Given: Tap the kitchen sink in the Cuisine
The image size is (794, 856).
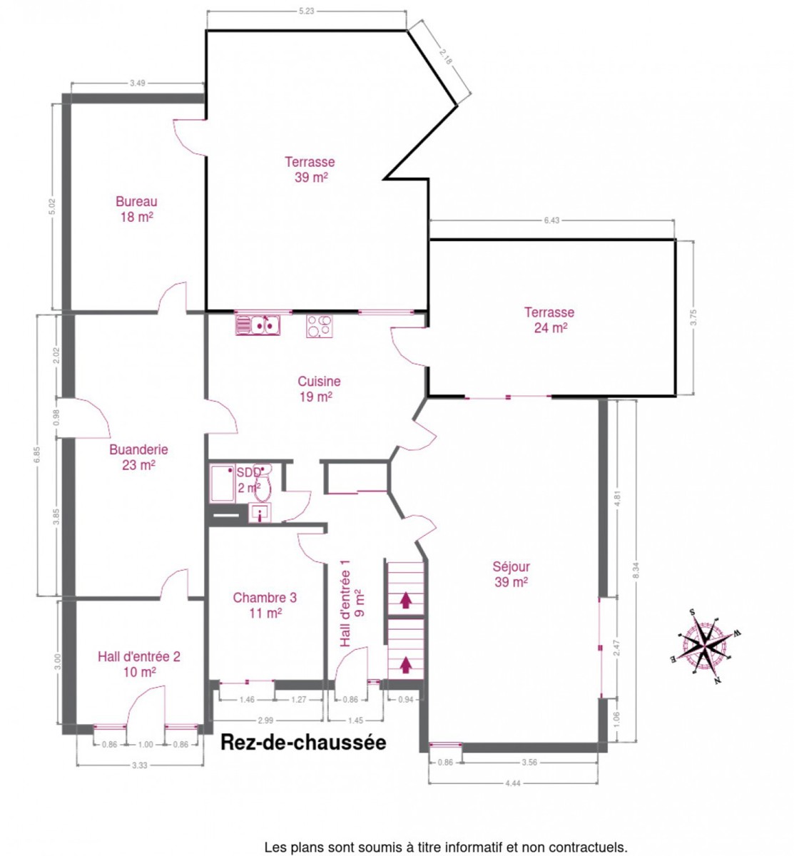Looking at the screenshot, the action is click(257, 324).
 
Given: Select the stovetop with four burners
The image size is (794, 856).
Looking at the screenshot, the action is click(319, 325).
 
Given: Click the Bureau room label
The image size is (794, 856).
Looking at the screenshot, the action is click(136, 209).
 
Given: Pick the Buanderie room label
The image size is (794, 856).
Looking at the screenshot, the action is click(138, 457).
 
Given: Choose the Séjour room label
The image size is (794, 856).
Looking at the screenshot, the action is click(511, 574).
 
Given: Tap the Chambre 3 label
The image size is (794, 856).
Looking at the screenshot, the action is click(265, 605).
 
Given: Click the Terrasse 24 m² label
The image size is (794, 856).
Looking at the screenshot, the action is click(549, 320).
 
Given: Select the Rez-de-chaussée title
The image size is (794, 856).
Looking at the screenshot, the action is click(303, 743).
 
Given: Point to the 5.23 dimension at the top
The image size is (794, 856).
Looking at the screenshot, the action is click(306, 11).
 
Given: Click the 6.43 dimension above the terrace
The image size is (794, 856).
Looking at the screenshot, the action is click(551, 220).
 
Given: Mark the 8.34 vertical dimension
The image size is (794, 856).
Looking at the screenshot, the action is click(636, 571).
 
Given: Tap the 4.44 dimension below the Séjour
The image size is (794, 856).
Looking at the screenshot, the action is click(512, 783).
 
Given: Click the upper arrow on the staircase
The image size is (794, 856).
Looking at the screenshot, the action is click(404, 600).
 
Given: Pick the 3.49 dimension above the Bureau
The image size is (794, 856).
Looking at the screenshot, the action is click(138, 83).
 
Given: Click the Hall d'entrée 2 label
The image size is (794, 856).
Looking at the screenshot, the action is click(139, 664).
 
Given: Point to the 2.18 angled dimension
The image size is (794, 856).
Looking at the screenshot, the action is click(445, 56).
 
